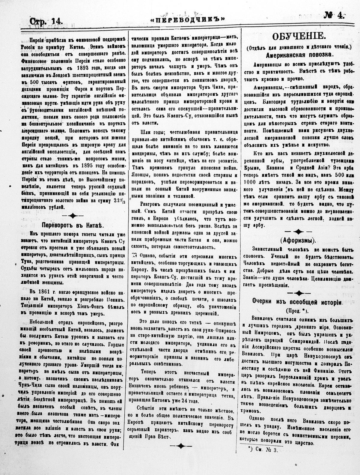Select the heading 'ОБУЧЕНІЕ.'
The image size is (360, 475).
point(298,37)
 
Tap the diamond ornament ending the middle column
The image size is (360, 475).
point(180,446)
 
